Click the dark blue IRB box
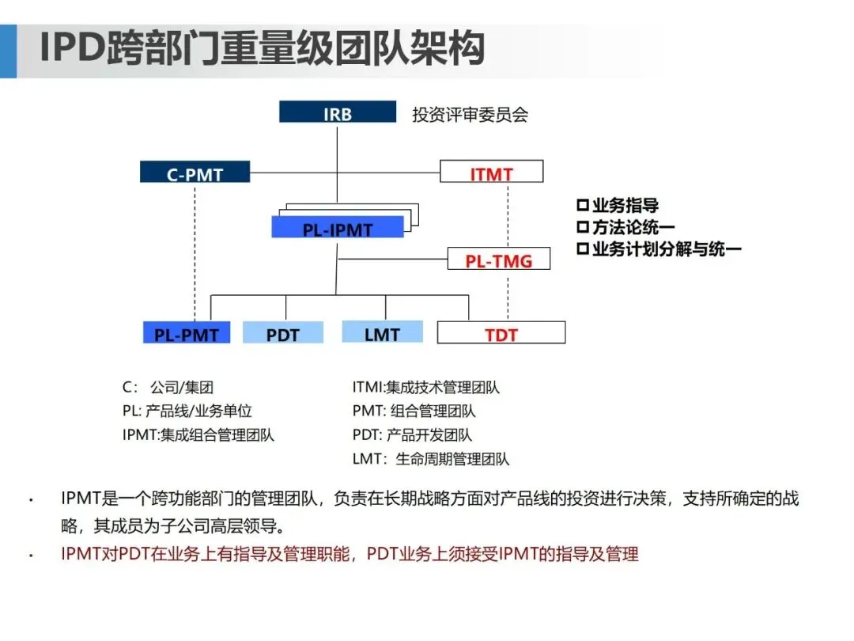click(338, 112)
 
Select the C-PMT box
click(195, 173)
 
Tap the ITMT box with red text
click(491, 173)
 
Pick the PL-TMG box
click(498, 259)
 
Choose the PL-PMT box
click(187, 333)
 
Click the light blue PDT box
click(282, 333)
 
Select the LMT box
click(382, 332)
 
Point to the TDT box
click(501, 333)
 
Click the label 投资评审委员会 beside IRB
click(470, 114)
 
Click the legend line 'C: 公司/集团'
click(168, 388)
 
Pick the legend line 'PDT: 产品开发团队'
click(412, 435)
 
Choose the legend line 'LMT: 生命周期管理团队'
click(431, 459)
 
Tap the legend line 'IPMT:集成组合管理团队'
click(198, 435)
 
